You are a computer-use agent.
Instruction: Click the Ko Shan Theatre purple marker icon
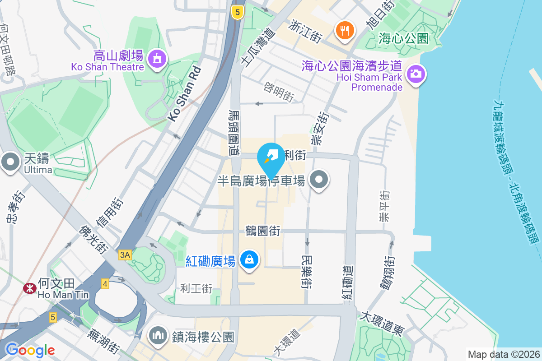click(157, 59)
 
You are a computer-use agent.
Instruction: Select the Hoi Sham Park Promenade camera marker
click(416, 74)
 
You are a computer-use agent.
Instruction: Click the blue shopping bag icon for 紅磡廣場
click(249, 259)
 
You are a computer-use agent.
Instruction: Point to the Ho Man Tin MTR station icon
click(30, 287)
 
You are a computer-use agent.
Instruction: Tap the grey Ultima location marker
click(10, 161)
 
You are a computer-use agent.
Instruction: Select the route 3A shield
click(125, 255)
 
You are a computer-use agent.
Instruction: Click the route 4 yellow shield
click(105, 284)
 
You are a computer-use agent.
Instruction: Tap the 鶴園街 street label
click(263, 231)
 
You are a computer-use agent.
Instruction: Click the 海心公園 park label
click(403, 38)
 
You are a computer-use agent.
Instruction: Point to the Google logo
click(30, 350)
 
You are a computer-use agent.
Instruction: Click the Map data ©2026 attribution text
click(503, 354)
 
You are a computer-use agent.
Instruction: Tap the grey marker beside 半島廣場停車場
click(319, 180)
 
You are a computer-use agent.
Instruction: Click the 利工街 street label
click(196, 288)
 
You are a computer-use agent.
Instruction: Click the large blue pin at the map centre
click(271, 159)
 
